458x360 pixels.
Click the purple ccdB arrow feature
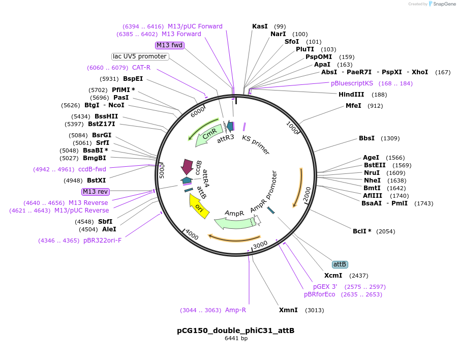(x=187, y=166)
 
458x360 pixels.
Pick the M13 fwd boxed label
(x=169, y=45)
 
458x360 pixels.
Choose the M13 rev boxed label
(x=96, y=192)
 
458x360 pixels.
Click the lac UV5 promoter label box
(x=140, y=56)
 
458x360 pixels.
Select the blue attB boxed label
(x=340, y=264)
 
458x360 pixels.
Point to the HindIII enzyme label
(x=351, y=95)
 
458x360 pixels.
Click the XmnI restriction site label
(x=288, y=310)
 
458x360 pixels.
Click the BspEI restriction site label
(x=133, y=79)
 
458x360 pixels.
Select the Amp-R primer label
(x=235, y=310)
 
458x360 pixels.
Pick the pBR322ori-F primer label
(x=102, y=241)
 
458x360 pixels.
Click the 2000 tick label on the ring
(x=307, y=194)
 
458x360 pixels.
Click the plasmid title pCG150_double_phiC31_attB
(x=235, y=331)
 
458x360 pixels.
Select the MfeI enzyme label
(x=353, y=106)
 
